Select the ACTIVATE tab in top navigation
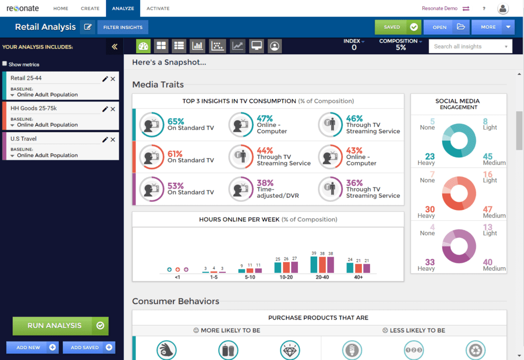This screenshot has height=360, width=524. [158, 8]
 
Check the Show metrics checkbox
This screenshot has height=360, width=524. [5, 64]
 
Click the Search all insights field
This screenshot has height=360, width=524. [470, 46]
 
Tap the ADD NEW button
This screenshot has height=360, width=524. [32, 347]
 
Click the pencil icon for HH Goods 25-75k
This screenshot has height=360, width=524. [105, 109]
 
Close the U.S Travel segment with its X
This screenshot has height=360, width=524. [113, 139]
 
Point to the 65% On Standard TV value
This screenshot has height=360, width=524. [176, 121]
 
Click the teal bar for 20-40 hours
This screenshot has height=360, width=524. [314, 264]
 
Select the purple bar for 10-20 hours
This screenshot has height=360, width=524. [294, 267]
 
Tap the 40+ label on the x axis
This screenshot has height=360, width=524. [358, 277]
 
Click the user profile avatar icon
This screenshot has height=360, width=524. [503, 8]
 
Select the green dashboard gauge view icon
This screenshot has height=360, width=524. [143, 46]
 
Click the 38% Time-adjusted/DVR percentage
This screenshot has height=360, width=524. [265, 183]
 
